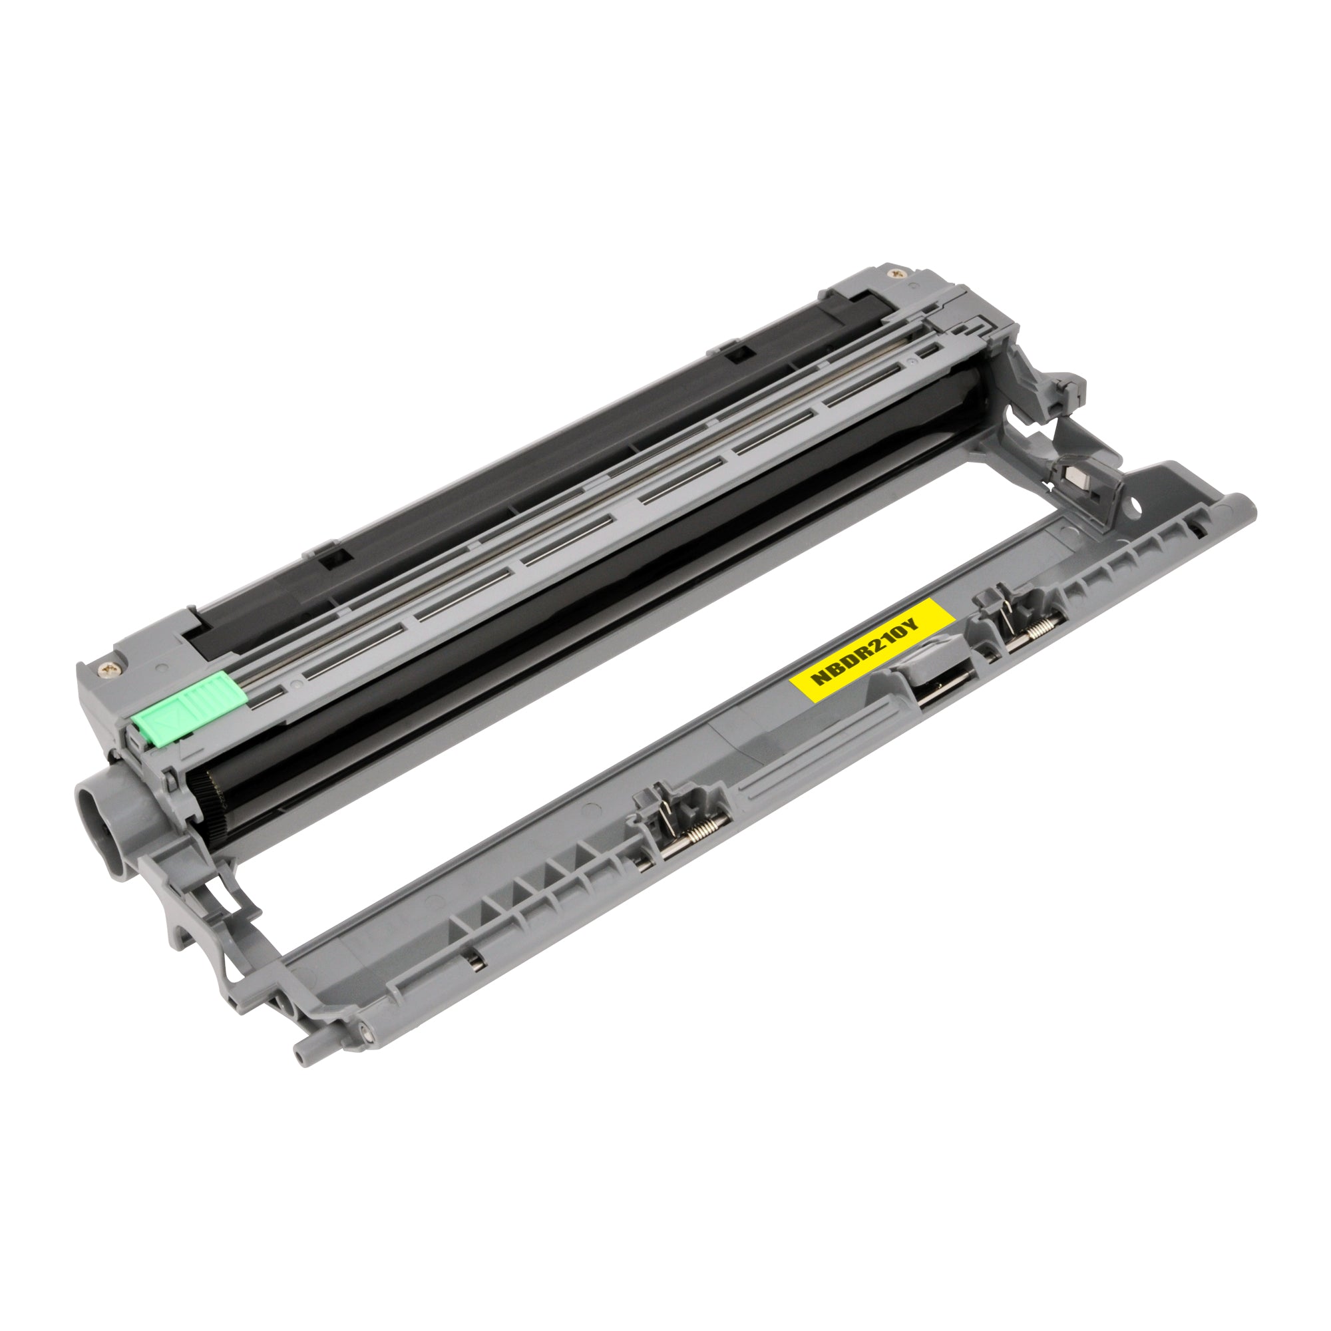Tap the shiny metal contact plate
click(1073, 476)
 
